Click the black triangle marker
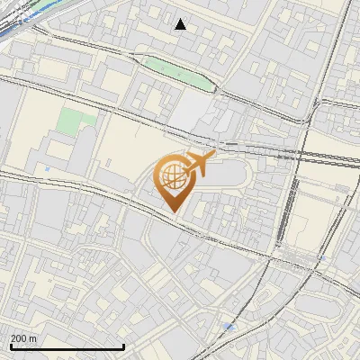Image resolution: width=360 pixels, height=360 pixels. click(x=181, y=24)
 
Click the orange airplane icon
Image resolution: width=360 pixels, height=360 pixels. click(x=199, y=164)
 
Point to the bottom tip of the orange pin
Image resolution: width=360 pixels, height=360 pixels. click(x=173, y=211)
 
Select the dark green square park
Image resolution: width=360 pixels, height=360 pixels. click(x=76, y=121)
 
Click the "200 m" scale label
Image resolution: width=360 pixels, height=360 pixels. click(x=23, y=338)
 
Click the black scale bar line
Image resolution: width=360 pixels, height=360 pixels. click(x=67, y=347)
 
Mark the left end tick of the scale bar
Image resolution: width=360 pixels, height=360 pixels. click(x=11, y=346)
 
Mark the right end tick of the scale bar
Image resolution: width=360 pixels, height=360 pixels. click(x=123, y=346)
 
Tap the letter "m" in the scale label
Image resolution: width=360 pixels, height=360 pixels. click(x=33, y=338)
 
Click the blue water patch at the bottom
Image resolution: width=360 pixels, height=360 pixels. click(x=231, y=327)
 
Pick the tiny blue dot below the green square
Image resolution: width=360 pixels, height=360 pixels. click(x=47, y=168)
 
